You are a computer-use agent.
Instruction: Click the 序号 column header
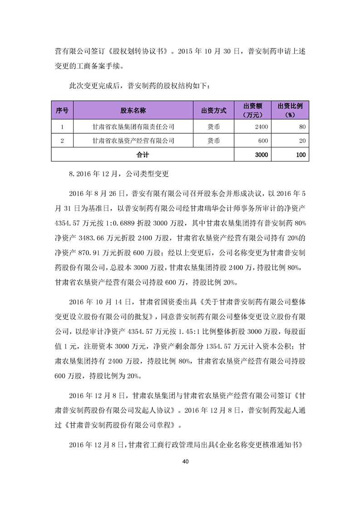tap(62, 110)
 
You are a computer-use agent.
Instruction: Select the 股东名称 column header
tap(133, 110)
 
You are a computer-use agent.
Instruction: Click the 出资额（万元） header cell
tap(253, 110)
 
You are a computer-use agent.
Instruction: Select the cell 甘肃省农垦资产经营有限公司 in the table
tap(133, 141)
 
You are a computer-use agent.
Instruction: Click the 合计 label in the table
tap(143, 155)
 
